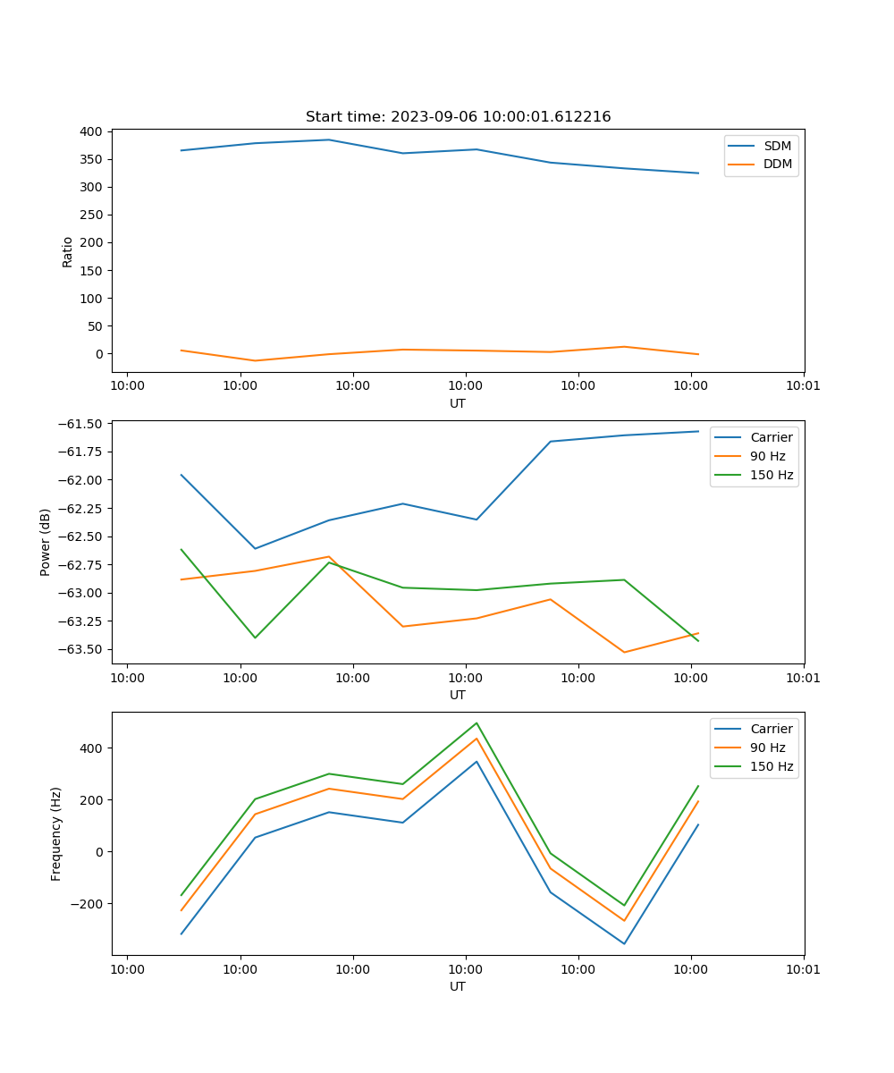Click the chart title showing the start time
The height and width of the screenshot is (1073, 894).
[x=458, y=117]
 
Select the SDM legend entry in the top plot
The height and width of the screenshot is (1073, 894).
[x=777, y=146]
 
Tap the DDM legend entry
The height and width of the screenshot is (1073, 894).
[x=777, y=165]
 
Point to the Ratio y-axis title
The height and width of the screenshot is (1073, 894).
[x=68, y=251]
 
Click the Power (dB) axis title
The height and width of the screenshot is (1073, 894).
[x=46, y=542]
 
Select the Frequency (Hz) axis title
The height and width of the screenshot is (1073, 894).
[x=56, y=833]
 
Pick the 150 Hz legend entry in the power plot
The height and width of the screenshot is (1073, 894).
[x=772, y=475]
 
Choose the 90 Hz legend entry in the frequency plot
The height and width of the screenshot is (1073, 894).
[x=768, y=748]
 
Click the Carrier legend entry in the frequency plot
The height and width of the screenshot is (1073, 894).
[x=772, y=729]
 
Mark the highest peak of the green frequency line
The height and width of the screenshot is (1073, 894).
[x=477, y=722]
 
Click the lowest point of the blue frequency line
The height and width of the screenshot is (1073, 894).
[x=624, y=943]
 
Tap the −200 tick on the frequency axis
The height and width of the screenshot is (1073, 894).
[x=89, y=904]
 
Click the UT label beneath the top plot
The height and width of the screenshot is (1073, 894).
[x=458, y=403]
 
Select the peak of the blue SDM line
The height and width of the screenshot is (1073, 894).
[x=329, y=139]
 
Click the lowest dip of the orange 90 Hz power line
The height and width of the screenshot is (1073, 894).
[x=624, y=652]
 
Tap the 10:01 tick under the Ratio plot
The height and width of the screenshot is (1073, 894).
[x=804, y=386]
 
